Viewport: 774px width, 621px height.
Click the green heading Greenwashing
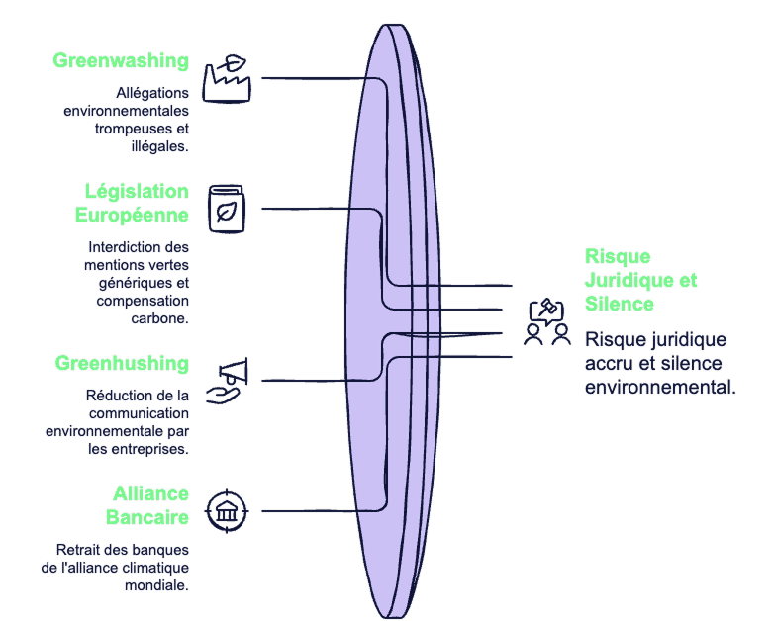click(x=121, y=61)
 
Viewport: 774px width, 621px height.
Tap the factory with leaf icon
click(x=227, y=79)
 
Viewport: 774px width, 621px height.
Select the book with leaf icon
click(x=227, y=209)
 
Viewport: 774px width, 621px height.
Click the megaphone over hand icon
click(x=227, y=382)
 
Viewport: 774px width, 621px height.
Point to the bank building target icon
click(x=227, y=511)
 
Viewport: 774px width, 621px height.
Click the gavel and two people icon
click(x=547, y=321)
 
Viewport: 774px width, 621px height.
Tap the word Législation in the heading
click(x=137, y=192)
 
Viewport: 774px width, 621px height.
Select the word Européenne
click(x=132, y=215)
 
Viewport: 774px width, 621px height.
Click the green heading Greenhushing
click(x=122, y=364)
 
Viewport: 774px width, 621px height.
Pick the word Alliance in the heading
click(x=151, y=493)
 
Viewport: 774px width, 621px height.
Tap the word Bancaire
click(x=147, y=517)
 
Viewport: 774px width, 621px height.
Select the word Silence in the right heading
click(x=620, y=304)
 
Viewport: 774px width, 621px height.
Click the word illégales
click(x=159, y=146)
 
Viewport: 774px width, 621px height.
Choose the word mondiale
click(x=155, y=586)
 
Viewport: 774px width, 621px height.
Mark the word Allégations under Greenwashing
click(x=152, y=93)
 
